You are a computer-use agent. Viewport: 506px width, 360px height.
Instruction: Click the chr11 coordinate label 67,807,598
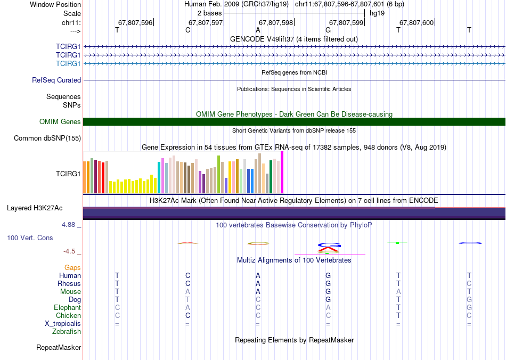coord(276,22)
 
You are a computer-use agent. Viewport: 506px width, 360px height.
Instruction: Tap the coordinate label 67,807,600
coord(417,22)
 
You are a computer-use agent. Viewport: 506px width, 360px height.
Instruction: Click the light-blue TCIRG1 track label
coord(68,63)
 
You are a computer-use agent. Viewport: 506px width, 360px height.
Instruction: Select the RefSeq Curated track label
coord(56,80)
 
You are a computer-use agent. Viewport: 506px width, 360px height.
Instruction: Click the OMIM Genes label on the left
coord(60,121)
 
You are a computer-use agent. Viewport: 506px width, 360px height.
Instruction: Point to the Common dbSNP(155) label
coord(47,138)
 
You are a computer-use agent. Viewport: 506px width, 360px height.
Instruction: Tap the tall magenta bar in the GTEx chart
coord(282,172)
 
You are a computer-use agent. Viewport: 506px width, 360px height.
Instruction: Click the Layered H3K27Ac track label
coord(35,208)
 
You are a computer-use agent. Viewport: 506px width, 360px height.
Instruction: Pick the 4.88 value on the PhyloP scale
coord(68,225)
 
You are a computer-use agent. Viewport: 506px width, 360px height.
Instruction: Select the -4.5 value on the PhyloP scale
coord(70,251)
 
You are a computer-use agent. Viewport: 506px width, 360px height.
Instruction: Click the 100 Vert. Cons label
coord(30,238)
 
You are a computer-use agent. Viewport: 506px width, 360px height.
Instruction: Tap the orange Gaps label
coord(72,267)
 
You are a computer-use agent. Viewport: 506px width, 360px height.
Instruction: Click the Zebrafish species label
coord(67,331)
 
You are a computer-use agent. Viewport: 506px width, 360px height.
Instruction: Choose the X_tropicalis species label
coord(63,324)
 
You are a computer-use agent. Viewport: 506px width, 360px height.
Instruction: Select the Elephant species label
coord(68,307)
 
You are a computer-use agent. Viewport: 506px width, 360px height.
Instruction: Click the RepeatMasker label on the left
coord(59,347)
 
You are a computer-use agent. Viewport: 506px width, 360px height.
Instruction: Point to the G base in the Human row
coord(328,275)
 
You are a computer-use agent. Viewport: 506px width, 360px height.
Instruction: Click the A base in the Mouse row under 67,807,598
coord(258,292)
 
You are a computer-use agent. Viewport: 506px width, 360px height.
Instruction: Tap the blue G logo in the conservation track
coord(329,245)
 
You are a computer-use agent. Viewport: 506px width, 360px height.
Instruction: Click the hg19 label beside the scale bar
coord(377,13)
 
